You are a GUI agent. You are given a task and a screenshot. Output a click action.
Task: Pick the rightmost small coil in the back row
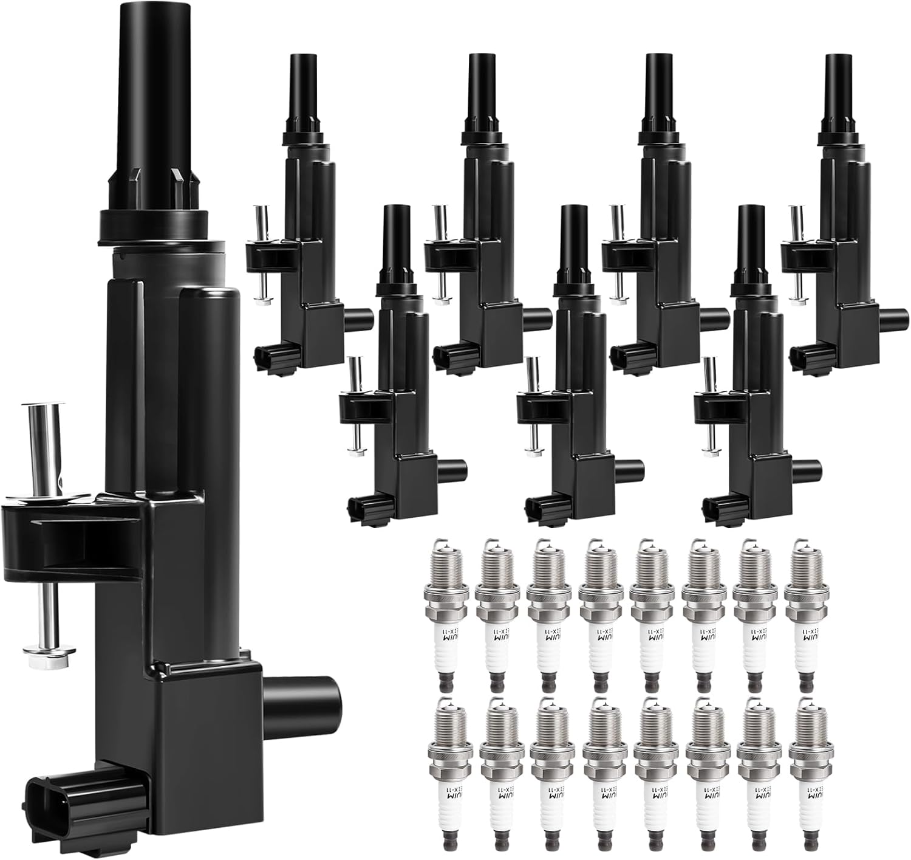pyautogui.click(x=841, y=243)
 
